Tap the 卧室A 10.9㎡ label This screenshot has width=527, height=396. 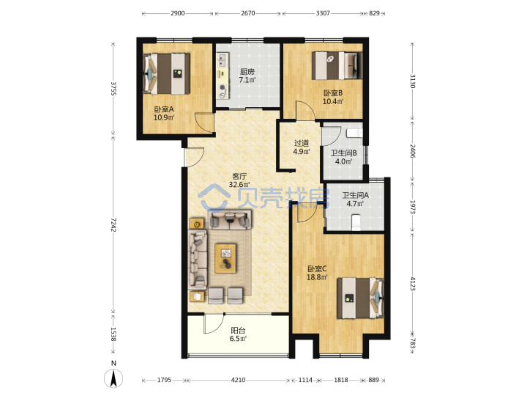tap(164, 114)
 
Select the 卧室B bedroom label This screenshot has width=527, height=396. tap(333, 93)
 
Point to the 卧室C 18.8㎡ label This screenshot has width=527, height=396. tap(317, 273)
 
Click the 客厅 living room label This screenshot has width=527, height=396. tap(239, 177)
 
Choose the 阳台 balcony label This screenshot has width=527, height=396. tap(238, 331)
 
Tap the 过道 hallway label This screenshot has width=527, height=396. tap(301, 144)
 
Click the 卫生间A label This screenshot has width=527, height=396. tap(355, 195)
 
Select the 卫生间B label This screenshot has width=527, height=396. tap(344, 153)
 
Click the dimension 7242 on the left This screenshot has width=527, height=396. tap(113, 224)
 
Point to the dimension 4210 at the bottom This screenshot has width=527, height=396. tap(238, 380)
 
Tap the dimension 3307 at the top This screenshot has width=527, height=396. tap(323, 13)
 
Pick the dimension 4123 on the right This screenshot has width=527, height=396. tap(413, 284)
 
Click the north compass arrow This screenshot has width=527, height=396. tap(113, 378)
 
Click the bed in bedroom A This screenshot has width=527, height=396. tap(166, 73)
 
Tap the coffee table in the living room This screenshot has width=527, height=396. tap(225, 258)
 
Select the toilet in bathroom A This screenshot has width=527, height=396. tap(356, 223)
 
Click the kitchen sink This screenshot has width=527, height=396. tap(222, 60)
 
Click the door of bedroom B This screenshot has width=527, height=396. tap(305, 110)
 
